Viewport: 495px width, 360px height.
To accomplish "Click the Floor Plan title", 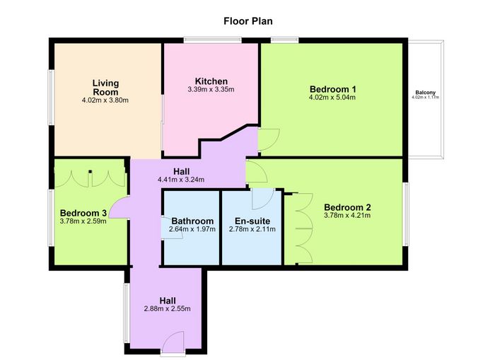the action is click(248, 21).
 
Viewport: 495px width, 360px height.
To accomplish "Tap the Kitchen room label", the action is click(211, 81).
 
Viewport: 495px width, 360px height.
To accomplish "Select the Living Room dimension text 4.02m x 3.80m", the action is click(105, 100).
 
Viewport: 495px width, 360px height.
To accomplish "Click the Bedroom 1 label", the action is click(333, 89).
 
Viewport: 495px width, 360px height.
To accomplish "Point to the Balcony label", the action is click(425, 93).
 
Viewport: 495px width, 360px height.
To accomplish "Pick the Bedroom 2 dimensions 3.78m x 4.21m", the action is click(347, 216).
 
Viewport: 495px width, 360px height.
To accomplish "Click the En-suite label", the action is click(252, 221).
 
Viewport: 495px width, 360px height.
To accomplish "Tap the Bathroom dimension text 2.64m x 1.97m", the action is click(192, 229).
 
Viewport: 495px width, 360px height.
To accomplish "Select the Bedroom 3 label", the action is click(83, 213).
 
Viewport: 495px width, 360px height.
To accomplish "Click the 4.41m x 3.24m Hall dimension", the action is click(181, 180).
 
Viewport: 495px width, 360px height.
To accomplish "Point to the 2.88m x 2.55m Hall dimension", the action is click(168, 309).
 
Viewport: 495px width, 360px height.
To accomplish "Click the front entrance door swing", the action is click(174, 340).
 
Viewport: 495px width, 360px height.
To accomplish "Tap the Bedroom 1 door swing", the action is click(269, 139).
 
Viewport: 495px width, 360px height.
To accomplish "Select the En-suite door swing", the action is click(263, 199).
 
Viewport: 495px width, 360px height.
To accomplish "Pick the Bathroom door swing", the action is click(172, 228).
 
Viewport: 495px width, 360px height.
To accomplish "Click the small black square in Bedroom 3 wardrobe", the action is click(91, 171).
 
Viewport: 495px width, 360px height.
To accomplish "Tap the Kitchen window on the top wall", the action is click(213, 40).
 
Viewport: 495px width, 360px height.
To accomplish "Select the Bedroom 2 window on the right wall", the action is click(405, 214).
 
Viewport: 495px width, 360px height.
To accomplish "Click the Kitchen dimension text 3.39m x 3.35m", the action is click(211, 89).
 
